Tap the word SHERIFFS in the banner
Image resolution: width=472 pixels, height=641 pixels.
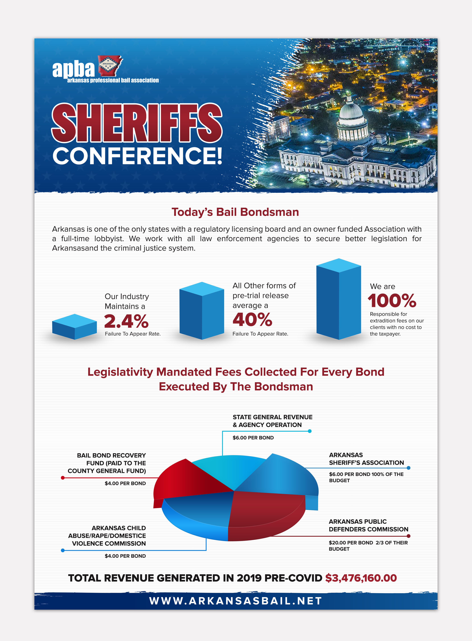point(137,123)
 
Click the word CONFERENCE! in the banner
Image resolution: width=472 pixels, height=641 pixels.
point(137,156)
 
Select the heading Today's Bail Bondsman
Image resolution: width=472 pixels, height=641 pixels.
point(235,212)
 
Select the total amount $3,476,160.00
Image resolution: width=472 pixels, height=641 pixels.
point(361,578)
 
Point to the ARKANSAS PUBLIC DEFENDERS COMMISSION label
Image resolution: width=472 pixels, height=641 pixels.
point(368,525)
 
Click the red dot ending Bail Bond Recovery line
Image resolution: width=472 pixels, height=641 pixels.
point(63,478)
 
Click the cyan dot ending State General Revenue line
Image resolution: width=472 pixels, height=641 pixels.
point(310,431)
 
